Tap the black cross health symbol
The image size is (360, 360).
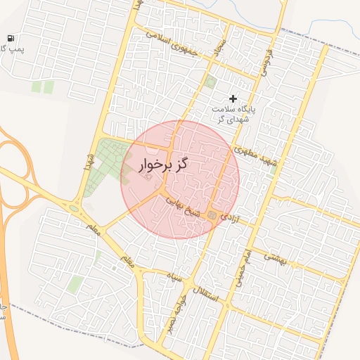pyautogui.click(x=233, y=98)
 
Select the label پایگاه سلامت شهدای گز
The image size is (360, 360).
pyautogui.click(x=235, y=113)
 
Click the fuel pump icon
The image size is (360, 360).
pyautogui.click(x=9, y=37)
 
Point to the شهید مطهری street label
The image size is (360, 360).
pyautogui.click(x=257, y=157)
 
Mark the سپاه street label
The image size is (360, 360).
pyautogui.click(x=174, y=278)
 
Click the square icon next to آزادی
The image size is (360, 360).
pyautogui.click(x=212, y=215)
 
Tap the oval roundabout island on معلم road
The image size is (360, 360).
pyautogui.click(x=74, y=208)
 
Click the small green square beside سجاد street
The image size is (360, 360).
pyautogui.click(x=210, y=82)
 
